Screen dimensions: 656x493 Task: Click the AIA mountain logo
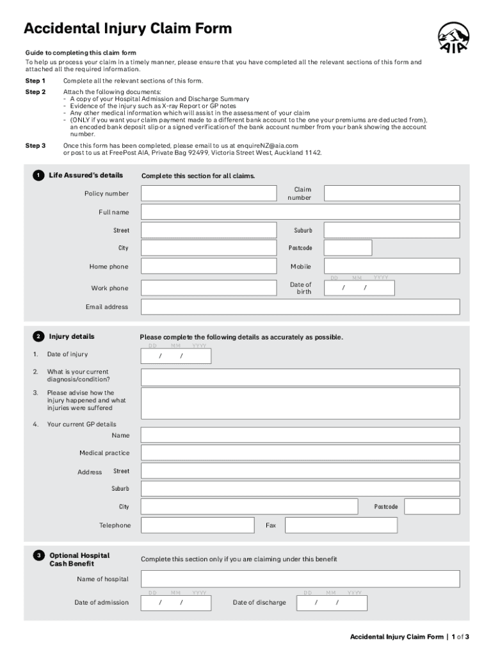tap(453, 37)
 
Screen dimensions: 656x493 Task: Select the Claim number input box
tap(391, 193)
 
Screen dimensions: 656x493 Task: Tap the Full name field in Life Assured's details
tap(300, 212)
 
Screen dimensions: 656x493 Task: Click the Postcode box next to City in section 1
tap(348, 248)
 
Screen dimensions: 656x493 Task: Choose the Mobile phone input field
tap(391, 266)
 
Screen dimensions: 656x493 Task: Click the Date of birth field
tap(359, 288)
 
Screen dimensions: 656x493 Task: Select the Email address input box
tap(300, 307)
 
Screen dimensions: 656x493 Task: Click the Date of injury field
tap(175, 356)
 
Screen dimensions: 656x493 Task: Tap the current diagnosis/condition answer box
tap(300, 377)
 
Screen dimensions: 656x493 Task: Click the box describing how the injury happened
tap(300, 403)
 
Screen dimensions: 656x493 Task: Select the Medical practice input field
tap(300, 453)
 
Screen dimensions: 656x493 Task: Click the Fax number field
tap(341, 525)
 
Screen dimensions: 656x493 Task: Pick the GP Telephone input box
tap(197, 525)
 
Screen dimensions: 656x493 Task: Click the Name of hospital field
tap(300, 579)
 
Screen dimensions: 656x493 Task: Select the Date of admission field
tap(175, 603)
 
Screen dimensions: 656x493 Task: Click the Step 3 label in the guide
tap(35, 146)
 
